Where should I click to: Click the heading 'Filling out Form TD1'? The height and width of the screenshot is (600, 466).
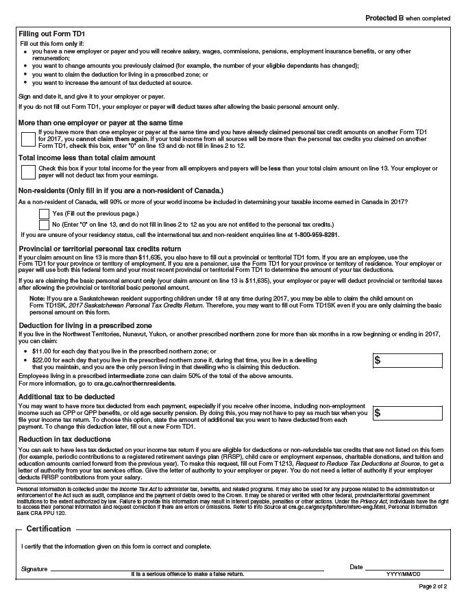coord(51,34)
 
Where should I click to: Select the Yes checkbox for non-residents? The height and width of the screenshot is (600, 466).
coord(45,213)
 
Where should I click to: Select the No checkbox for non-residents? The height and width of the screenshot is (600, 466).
coord(45,224)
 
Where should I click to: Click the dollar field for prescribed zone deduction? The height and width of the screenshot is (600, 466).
coord(408,361)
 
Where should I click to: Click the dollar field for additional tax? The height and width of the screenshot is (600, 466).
coord(408,413)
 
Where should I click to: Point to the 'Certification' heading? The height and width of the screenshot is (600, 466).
coord(49,529)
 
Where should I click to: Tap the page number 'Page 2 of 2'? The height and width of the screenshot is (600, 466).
coord(432,587)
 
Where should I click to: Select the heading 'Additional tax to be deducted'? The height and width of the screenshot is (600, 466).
coord(66,397)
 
